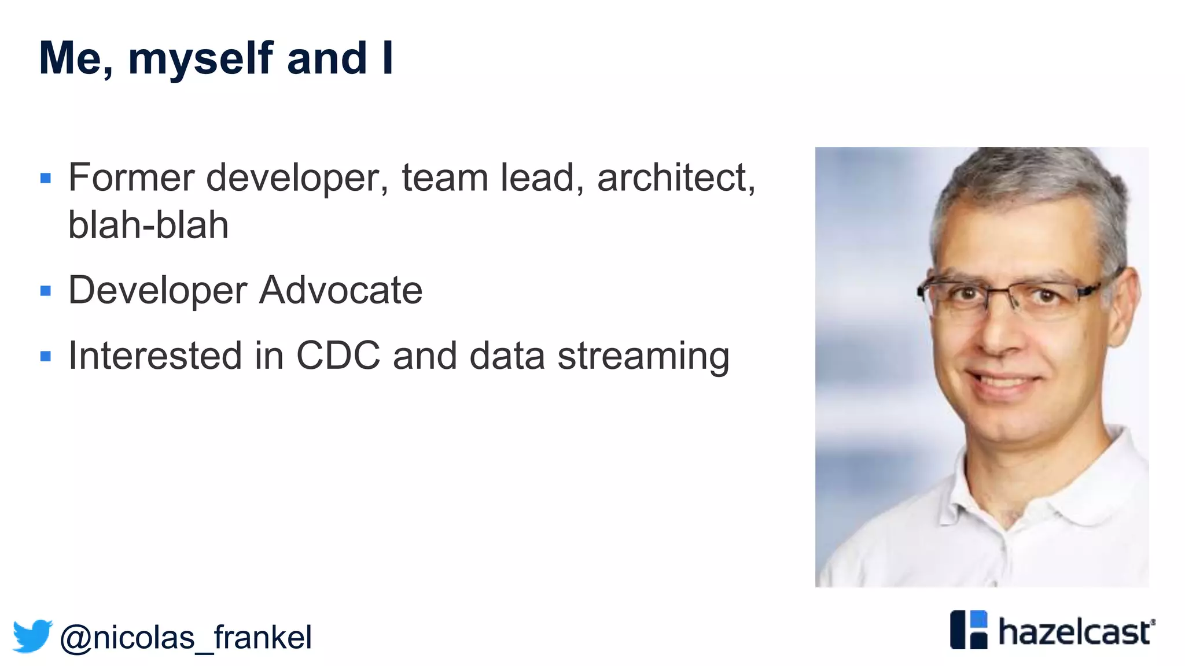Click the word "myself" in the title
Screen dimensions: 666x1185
click(200, 59)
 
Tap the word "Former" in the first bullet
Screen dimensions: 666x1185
click(131, 177)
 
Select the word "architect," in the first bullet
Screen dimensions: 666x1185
click(676, 177)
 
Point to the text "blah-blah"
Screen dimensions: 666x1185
click(148, 225)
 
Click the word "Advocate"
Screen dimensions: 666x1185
click(341, 290)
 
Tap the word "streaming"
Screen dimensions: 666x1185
click(643, 356)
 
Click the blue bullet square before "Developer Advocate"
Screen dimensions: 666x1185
click(46, 290)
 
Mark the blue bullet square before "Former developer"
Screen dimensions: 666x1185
click(46, 178)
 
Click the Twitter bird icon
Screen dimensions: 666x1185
click(32, 636)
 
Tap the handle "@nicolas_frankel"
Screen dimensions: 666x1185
click(186, 638)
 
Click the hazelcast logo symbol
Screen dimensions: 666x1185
click(969, 630)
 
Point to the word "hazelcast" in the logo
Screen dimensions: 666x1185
click(1075, 632)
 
